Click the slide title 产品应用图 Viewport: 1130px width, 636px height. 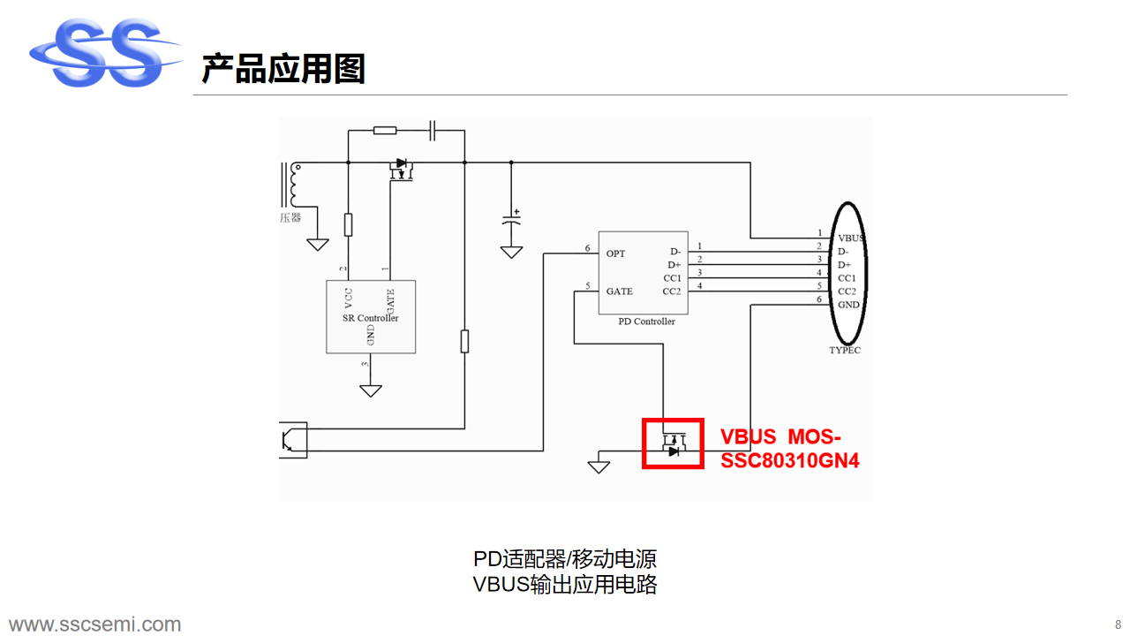tap(283, 68)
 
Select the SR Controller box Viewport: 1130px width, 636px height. tap(371, 317)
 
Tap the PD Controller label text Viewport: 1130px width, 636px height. tap(646, 322)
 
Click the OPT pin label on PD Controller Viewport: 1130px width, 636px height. tap(615, 254)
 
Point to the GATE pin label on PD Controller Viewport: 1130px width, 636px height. tap(619, 291)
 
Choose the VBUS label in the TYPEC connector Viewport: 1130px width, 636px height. tap(850, 238)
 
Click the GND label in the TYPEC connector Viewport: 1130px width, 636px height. tap(848, 305)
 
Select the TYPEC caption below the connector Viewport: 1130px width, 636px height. tap(845, 350)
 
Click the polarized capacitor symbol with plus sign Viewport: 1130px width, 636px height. tap(511, 220)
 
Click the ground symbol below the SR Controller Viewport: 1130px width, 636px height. tap(371, 389)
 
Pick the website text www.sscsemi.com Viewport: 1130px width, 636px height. tap(95, 625)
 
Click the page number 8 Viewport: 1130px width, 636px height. tap(1118, 625)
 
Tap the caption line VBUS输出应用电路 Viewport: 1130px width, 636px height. tap(565, 584)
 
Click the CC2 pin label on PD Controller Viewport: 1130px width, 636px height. tap(672, 291)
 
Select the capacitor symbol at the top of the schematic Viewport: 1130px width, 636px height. tap(433, 131)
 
